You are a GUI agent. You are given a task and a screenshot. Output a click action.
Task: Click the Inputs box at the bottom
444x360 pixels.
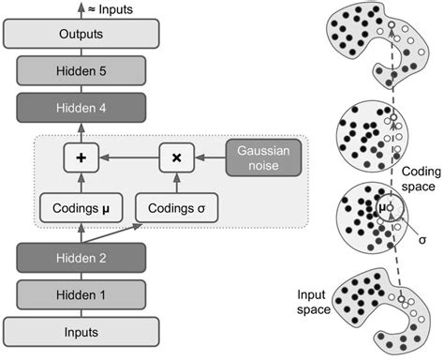coord(81,330)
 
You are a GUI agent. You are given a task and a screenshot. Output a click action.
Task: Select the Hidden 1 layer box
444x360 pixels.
coord(81,293)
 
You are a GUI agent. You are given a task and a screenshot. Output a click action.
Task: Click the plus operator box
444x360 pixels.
coord(81,157)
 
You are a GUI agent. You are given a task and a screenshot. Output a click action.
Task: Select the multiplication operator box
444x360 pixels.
coord(175,157)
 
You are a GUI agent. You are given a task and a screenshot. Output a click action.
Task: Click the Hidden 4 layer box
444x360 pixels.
coord(81,107)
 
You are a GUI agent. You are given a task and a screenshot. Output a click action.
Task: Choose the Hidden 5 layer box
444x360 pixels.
coord(81,70)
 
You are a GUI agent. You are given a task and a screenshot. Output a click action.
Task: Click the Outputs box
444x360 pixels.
coord(81,35)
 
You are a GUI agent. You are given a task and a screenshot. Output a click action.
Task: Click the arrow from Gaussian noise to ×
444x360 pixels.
coord(209,157)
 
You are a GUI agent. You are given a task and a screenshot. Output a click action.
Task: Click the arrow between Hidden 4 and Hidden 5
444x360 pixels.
coord(81,89)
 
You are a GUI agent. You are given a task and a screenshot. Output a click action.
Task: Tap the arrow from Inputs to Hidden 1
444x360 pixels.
coord(81,312)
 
